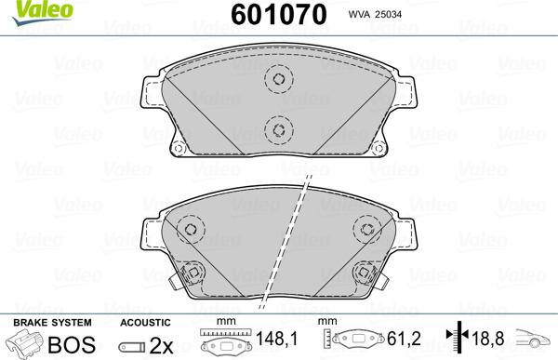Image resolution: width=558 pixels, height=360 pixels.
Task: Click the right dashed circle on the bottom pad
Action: (365, 227)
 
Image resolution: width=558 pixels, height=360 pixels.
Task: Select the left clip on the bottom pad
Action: (191, 275)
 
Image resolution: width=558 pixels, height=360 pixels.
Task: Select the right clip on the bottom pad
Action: (365, 275)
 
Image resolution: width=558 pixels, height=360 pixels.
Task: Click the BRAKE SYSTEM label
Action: (40, 322)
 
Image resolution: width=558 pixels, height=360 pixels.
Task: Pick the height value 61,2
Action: (397, 343)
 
